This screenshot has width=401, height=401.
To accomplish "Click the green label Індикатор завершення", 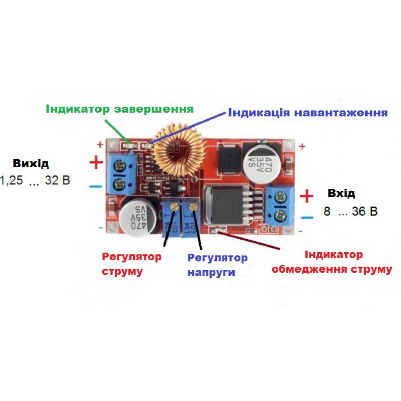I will (119, 109).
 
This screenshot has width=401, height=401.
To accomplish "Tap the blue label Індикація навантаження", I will (308, 112).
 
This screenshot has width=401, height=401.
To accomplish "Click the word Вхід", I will (341, 193).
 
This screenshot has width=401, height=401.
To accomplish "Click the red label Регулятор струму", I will (132, 264).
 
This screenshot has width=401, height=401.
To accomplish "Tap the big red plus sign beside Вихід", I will (96, 163).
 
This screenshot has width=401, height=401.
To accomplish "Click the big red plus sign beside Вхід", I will (307, 196).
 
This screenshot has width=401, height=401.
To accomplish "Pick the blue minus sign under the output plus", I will (95, 186).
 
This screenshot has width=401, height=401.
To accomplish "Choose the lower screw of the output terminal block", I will (119, 185).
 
